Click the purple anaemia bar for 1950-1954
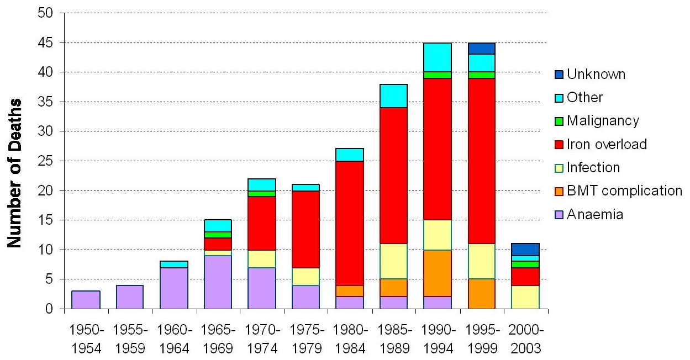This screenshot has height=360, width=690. [x=86, y=300]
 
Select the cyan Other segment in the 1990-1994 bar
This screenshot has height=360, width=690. [x=438, y=57]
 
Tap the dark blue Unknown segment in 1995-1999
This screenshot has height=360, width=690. [x=482, y=49]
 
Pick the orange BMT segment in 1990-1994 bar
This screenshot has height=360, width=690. [x=438, y=273]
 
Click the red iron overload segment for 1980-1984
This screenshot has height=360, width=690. [x=350, y=223]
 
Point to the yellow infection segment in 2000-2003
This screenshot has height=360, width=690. [x=525, y=297]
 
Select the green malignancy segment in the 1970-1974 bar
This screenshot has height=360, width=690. [x=262, y=194]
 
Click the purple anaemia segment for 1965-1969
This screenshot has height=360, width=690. [x=218, y=282]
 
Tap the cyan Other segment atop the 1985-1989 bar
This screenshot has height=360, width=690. [x=394, y=96]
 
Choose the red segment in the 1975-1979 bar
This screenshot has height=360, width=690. [x=306, y=230]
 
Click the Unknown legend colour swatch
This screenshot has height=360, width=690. [x=559, y=75]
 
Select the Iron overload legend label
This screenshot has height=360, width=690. [x=607, y=144]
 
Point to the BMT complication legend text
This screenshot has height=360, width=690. [x=624, y=191]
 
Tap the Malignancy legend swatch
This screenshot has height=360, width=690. [x=559, y=121]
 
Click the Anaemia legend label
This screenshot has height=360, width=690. [x=595, y=214]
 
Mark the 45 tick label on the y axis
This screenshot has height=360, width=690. [x=45, y=43]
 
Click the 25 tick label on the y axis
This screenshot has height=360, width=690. [x=45, y=161]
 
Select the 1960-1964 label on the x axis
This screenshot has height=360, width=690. [x=174, y=340]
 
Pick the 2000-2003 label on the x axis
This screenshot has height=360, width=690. [x=526, y=340]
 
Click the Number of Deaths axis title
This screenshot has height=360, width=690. [x=14, y=173]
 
